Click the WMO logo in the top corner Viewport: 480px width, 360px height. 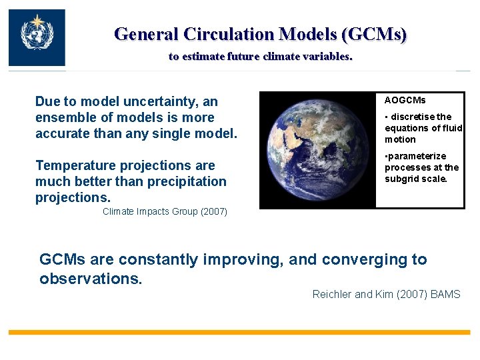37,37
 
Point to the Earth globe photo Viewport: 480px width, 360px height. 317,150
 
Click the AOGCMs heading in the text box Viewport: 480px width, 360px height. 405,100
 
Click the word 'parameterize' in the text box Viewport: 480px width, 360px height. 417,156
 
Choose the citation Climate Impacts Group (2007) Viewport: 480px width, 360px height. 165,211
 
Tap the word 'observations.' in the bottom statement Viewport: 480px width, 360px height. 91,279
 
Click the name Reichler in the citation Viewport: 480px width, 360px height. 333,294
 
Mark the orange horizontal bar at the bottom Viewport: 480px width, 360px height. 239,331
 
